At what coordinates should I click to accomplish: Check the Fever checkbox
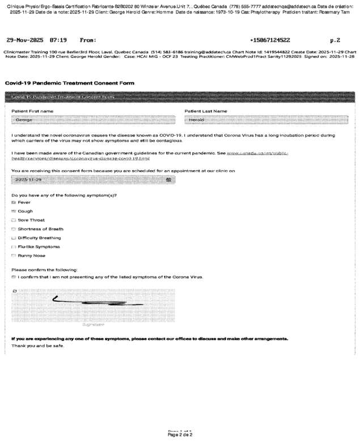coord(14,202)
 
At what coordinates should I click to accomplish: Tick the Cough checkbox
coord(14,211)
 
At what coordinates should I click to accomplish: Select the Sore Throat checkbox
coord(14,220)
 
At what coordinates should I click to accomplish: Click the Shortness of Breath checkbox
coord(14,229)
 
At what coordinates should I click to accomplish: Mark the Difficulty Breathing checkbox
coord(14,238)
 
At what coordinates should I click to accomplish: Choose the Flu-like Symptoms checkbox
coord(14,247)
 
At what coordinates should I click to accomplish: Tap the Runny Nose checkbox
coord(14,256)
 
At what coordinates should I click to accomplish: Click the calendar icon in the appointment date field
coord(168,179)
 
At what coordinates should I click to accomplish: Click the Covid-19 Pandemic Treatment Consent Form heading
coord(70,83)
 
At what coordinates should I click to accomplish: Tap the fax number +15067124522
coord(270,40)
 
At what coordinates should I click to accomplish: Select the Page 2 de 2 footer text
coord(180,435)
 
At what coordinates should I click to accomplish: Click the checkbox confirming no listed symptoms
coord(14,277)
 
